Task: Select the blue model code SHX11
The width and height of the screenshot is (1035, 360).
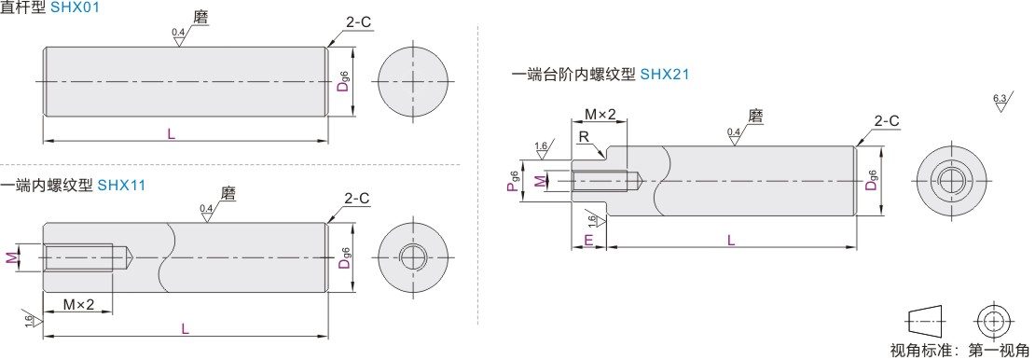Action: click(121, 186)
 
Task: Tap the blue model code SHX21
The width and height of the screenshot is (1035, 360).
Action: click(665, 75)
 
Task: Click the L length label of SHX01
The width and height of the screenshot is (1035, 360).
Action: click(172, 133)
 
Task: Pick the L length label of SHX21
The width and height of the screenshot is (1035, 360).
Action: click(731, 241)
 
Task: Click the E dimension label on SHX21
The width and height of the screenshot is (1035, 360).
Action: click(588, 241)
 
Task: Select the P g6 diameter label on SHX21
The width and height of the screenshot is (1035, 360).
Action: click(514, 180)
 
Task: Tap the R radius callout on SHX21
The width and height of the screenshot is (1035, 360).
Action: click(584, 135)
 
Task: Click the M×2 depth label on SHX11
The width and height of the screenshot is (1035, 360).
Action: click(78, 305)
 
